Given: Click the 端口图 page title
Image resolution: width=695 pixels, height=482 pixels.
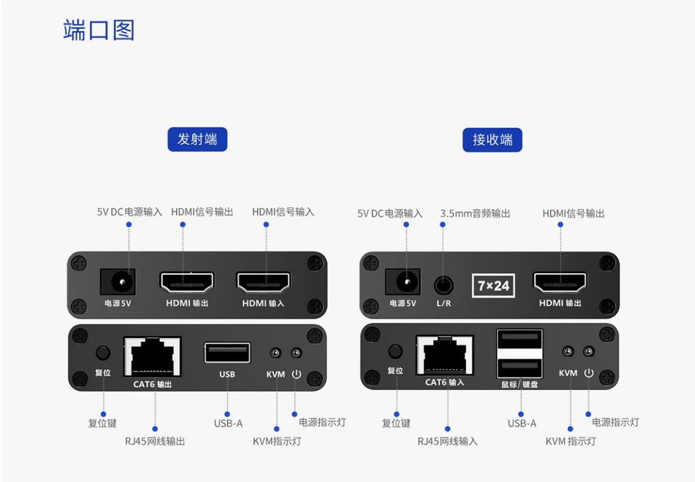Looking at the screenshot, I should (x=98, y=31).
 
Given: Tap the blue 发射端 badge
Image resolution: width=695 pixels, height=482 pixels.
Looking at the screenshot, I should (x=197, y=140).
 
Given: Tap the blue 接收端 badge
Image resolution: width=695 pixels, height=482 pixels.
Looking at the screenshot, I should (x=492, y=140).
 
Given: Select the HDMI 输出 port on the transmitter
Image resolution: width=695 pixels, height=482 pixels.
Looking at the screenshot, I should (x=187, y=283).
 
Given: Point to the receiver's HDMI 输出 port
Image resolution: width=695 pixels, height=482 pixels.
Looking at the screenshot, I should (x=560, y=283).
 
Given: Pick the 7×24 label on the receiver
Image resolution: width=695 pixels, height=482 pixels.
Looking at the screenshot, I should (x=493, y=285).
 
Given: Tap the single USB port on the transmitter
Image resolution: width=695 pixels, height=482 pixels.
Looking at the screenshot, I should (x=227, y=354).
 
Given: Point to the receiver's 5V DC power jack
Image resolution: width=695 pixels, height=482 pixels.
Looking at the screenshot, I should (x=402, y=283).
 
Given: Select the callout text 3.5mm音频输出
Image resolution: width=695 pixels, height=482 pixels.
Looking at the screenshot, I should (x=475, y=213).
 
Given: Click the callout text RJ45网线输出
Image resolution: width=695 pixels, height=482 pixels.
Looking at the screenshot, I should (x=155, y=441).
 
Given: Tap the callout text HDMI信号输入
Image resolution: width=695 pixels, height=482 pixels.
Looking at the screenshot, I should (x=283, y=212).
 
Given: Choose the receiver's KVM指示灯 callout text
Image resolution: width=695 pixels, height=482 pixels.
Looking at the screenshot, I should (x=571, y=441).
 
